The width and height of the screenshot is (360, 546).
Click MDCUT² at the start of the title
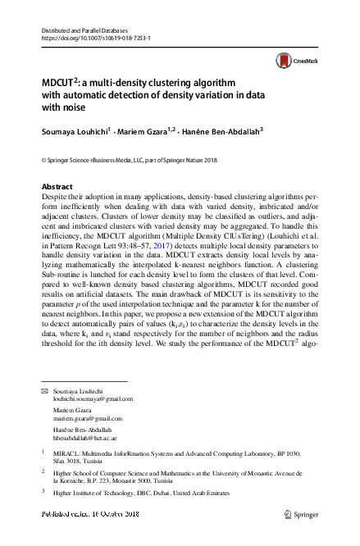coord(58,84)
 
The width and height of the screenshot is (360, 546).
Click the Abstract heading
coord(57,187)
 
